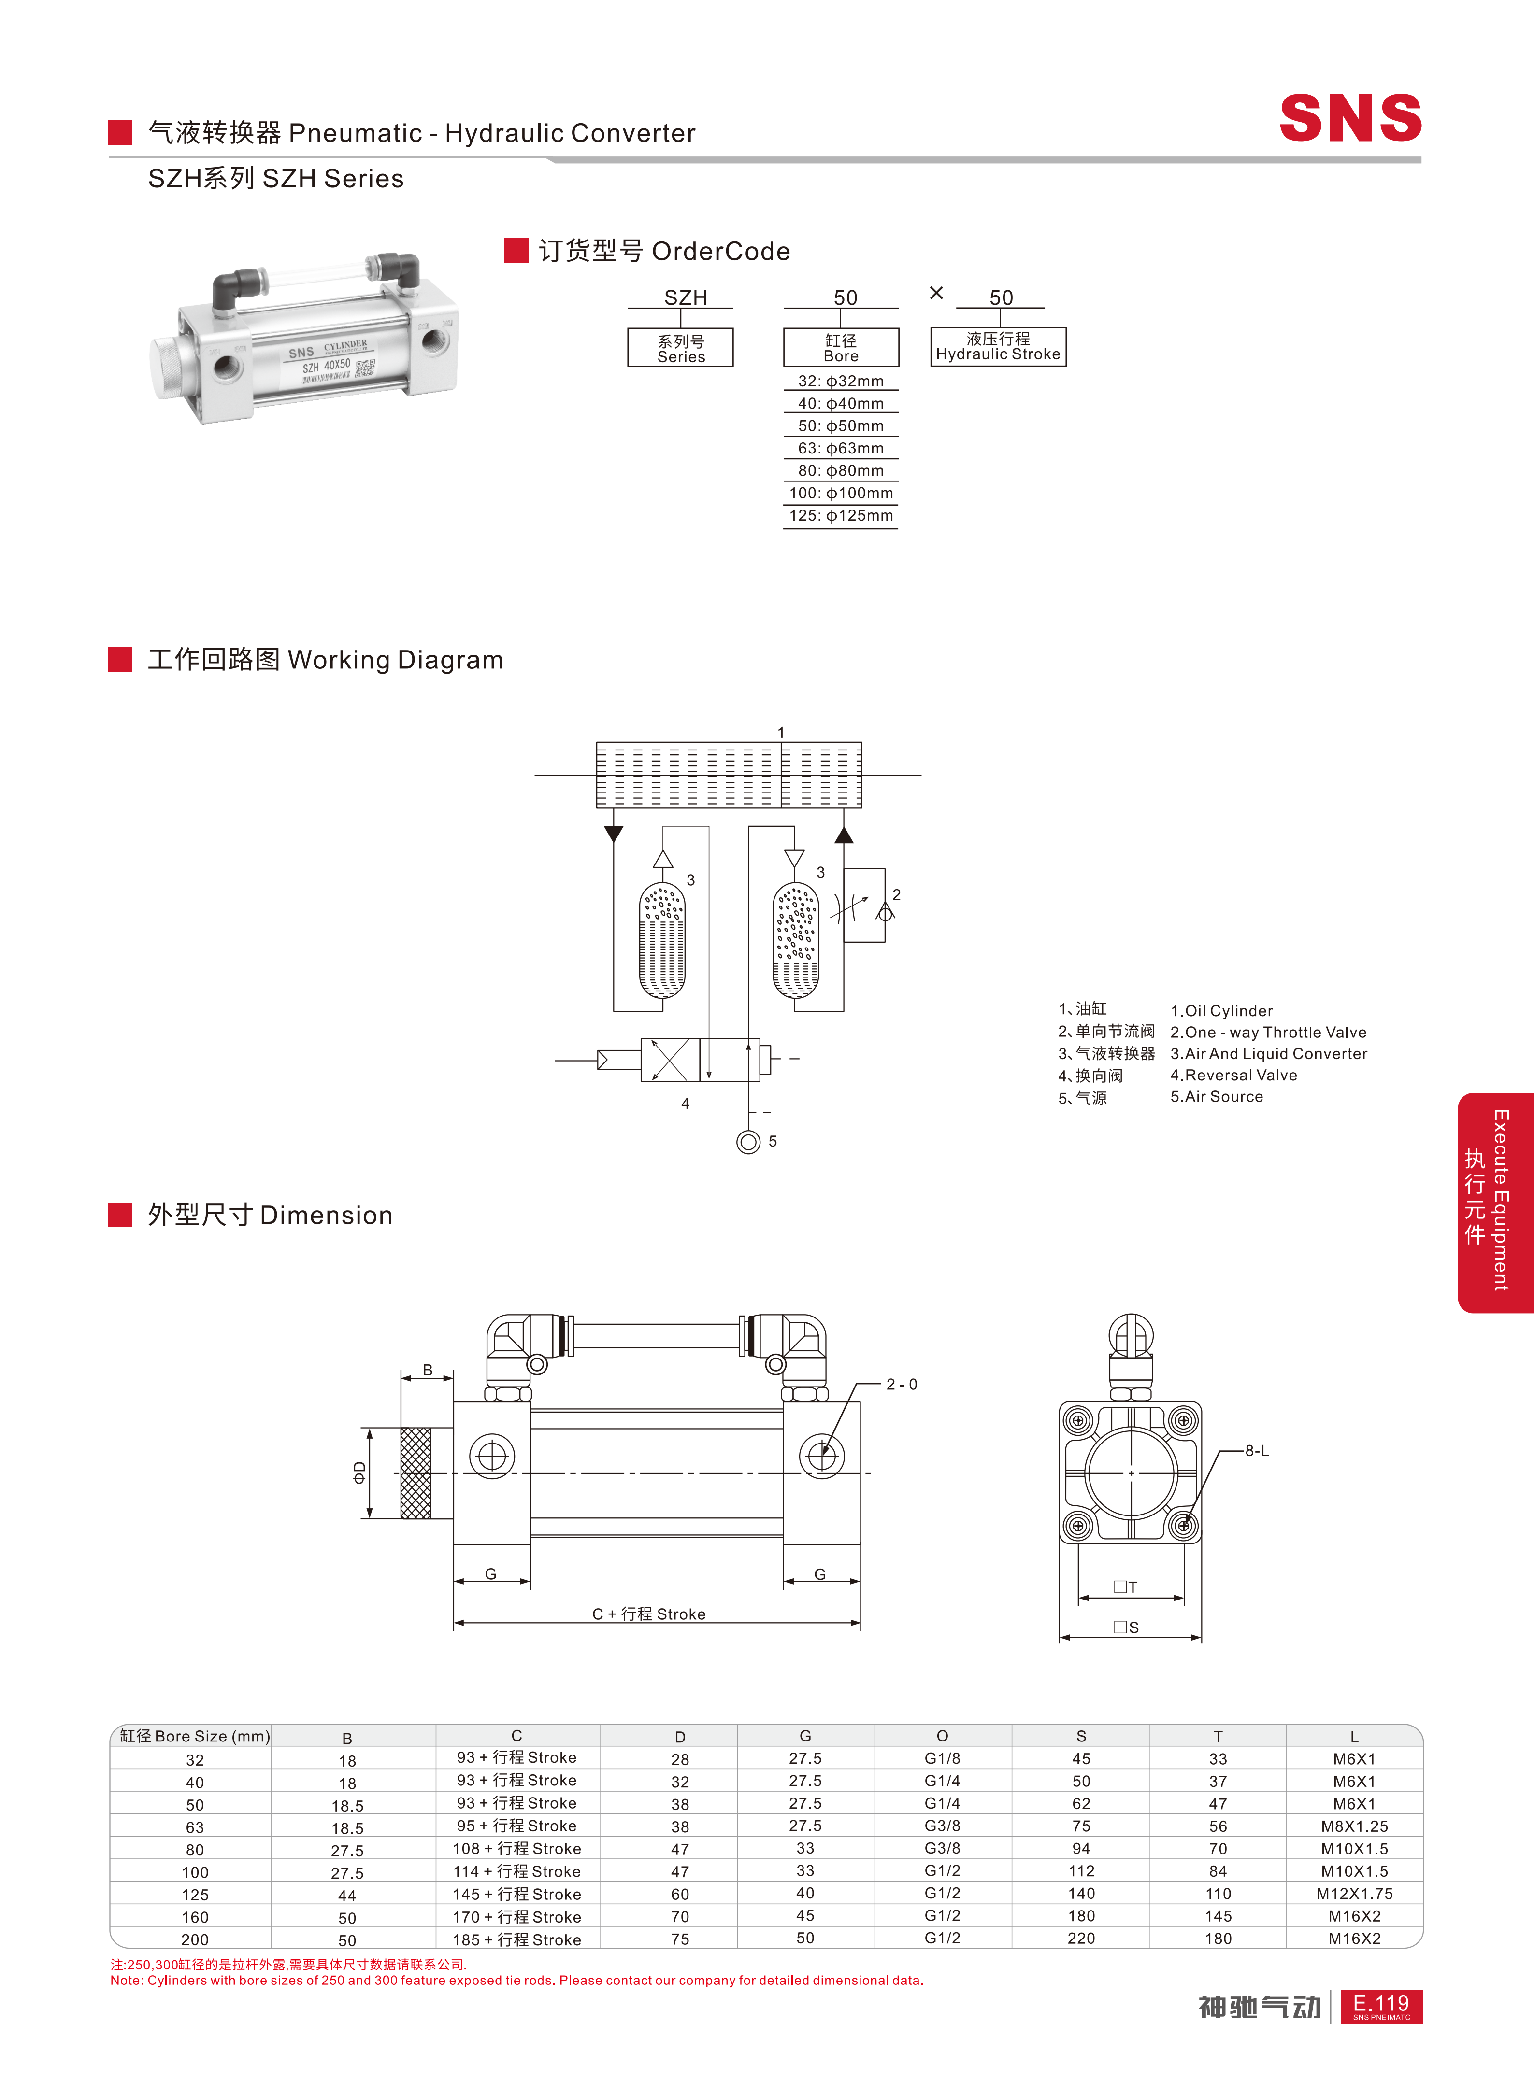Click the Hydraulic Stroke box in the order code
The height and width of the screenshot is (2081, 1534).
point(998,346)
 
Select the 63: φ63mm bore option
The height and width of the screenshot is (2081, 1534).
point(841,448)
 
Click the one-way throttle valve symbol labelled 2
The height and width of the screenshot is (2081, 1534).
point(863,906)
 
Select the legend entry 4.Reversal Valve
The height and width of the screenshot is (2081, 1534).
point(1233,1075)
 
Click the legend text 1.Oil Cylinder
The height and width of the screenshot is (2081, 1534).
point(1221,1011)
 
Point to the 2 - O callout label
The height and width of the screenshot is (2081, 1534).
point(902,1385)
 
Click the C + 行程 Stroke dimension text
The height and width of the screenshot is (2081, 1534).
point(649,1614)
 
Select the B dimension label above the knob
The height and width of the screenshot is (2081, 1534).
point(427,1370)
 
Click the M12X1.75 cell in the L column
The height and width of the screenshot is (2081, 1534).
point(1354,1894)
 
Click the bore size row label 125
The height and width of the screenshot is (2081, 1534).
point(195,1895)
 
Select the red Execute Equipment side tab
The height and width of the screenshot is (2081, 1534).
point(1495,1202)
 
